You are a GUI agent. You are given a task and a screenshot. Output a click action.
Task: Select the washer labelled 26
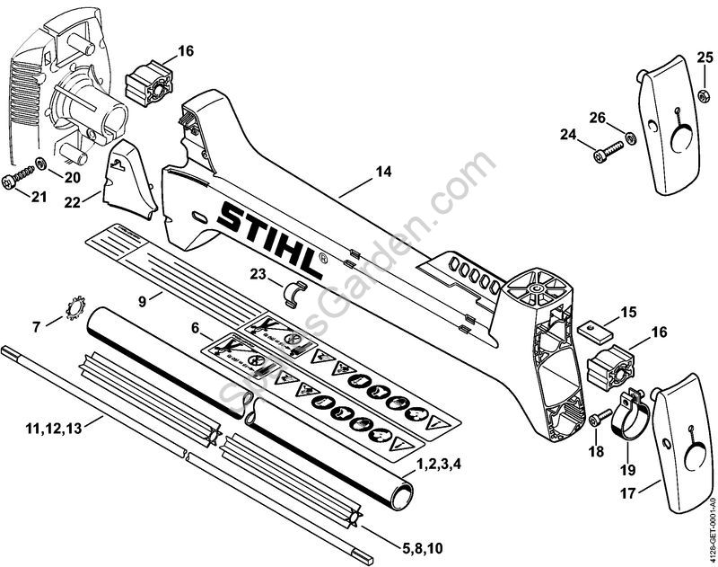(x=631, y=137)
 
